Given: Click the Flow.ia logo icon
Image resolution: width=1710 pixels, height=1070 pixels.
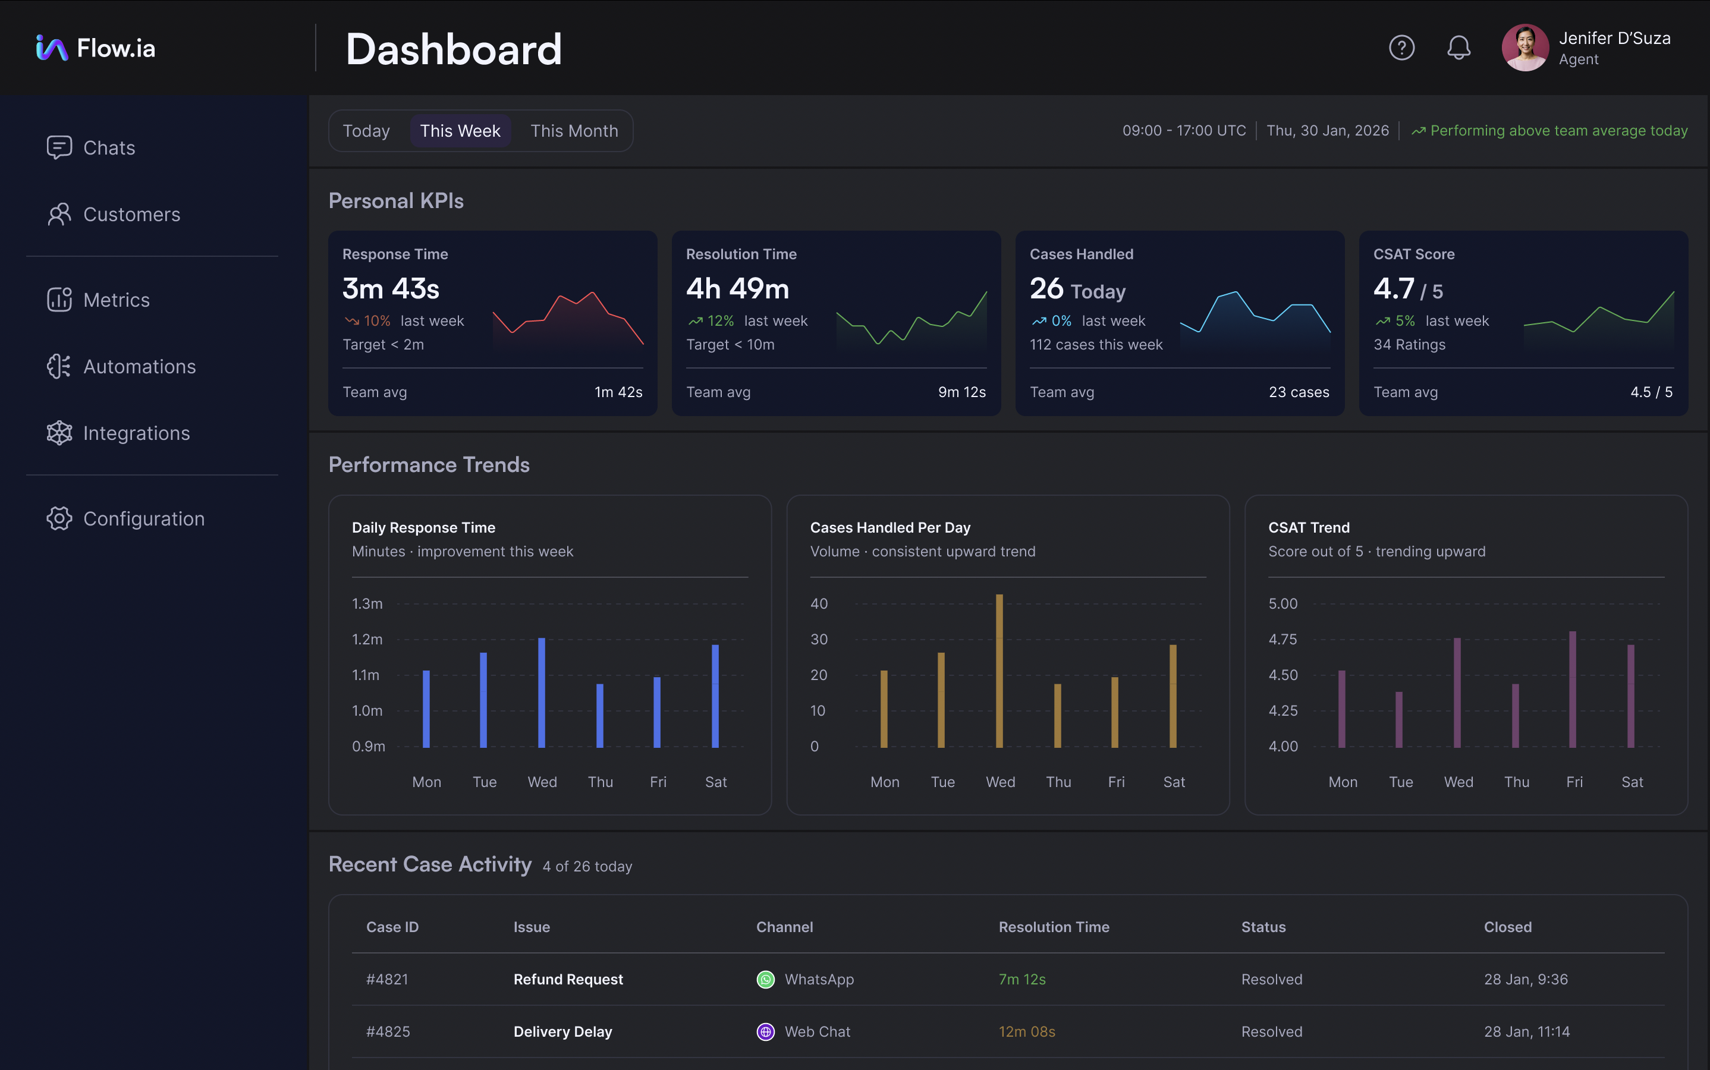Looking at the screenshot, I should click(52, 48).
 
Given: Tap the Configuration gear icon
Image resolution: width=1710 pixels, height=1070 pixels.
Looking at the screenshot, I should click(59, 519).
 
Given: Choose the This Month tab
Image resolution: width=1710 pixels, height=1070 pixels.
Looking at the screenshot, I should click(574, 131).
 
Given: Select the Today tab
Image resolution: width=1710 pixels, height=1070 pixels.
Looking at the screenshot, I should click(366, 131).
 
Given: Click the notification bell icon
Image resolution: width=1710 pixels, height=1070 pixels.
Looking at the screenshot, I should click(1458, 48).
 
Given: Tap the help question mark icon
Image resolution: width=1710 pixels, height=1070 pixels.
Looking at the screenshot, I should click(1401, 48).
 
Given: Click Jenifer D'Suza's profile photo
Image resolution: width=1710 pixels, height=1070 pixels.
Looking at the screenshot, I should click(1524, 48).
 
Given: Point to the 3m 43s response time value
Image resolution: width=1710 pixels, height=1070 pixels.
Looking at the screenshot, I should click(391, 289).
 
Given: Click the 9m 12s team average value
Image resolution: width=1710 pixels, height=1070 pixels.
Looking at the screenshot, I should click(961, 392).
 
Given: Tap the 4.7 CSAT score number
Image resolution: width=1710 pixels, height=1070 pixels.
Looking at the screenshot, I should click(1394, 289).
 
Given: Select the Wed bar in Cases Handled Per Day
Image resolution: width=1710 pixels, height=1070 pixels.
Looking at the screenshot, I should click(999, 671).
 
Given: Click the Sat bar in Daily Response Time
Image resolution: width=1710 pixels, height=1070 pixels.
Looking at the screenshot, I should click(715, 695).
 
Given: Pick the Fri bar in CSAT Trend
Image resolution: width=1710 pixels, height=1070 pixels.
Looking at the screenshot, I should click(1573, 690).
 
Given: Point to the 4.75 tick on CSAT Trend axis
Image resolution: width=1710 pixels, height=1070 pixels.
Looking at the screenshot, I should click(1282, 640).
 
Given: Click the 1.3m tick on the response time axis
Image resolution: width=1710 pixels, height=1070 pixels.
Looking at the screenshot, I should click(367, 603).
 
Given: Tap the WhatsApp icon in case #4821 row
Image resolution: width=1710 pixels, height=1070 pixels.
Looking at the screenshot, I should click(766, 980).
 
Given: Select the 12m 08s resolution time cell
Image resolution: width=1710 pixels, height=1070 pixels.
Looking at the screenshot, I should click(1026, 1032).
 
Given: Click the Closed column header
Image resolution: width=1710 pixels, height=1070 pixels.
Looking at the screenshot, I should click(1508, 927).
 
